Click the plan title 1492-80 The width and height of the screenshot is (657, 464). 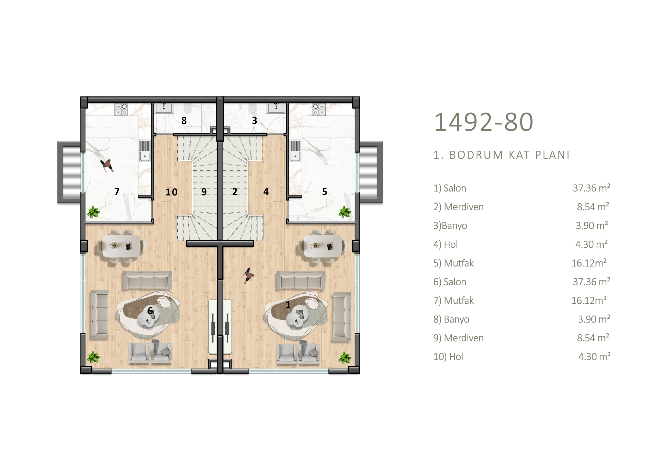(x=484, y=122)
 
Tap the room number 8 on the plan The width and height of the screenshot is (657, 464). (x=184, y=121)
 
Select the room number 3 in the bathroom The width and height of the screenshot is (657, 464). (x=254, y=121)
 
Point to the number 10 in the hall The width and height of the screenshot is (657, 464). (x=171, y=192)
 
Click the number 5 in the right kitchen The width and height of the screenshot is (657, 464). (x=324, y=191)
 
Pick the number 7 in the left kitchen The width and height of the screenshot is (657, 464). (x=117, y=191)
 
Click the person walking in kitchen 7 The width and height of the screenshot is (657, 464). (x=107, y=166)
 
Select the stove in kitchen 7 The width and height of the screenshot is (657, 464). (x=121, y=109)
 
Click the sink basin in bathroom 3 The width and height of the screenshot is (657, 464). (x=276, y=108)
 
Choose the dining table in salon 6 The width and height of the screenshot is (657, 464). (x=122, y=245)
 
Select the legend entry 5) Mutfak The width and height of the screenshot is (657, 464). (x=453, y=263)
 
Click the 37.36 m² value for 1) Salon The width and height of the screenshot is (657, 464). (x=592, y=188)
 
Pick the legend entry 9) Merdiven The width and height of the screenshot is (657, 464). (x=458, y=338)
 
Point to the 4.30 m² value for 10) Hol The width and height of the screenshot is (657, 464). (x=594, y=357)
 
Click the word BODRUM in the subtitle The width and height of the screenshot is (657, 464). (x=476, y=155)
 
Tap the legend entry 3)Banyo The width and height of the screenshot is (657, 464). (x=450, y=226)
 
